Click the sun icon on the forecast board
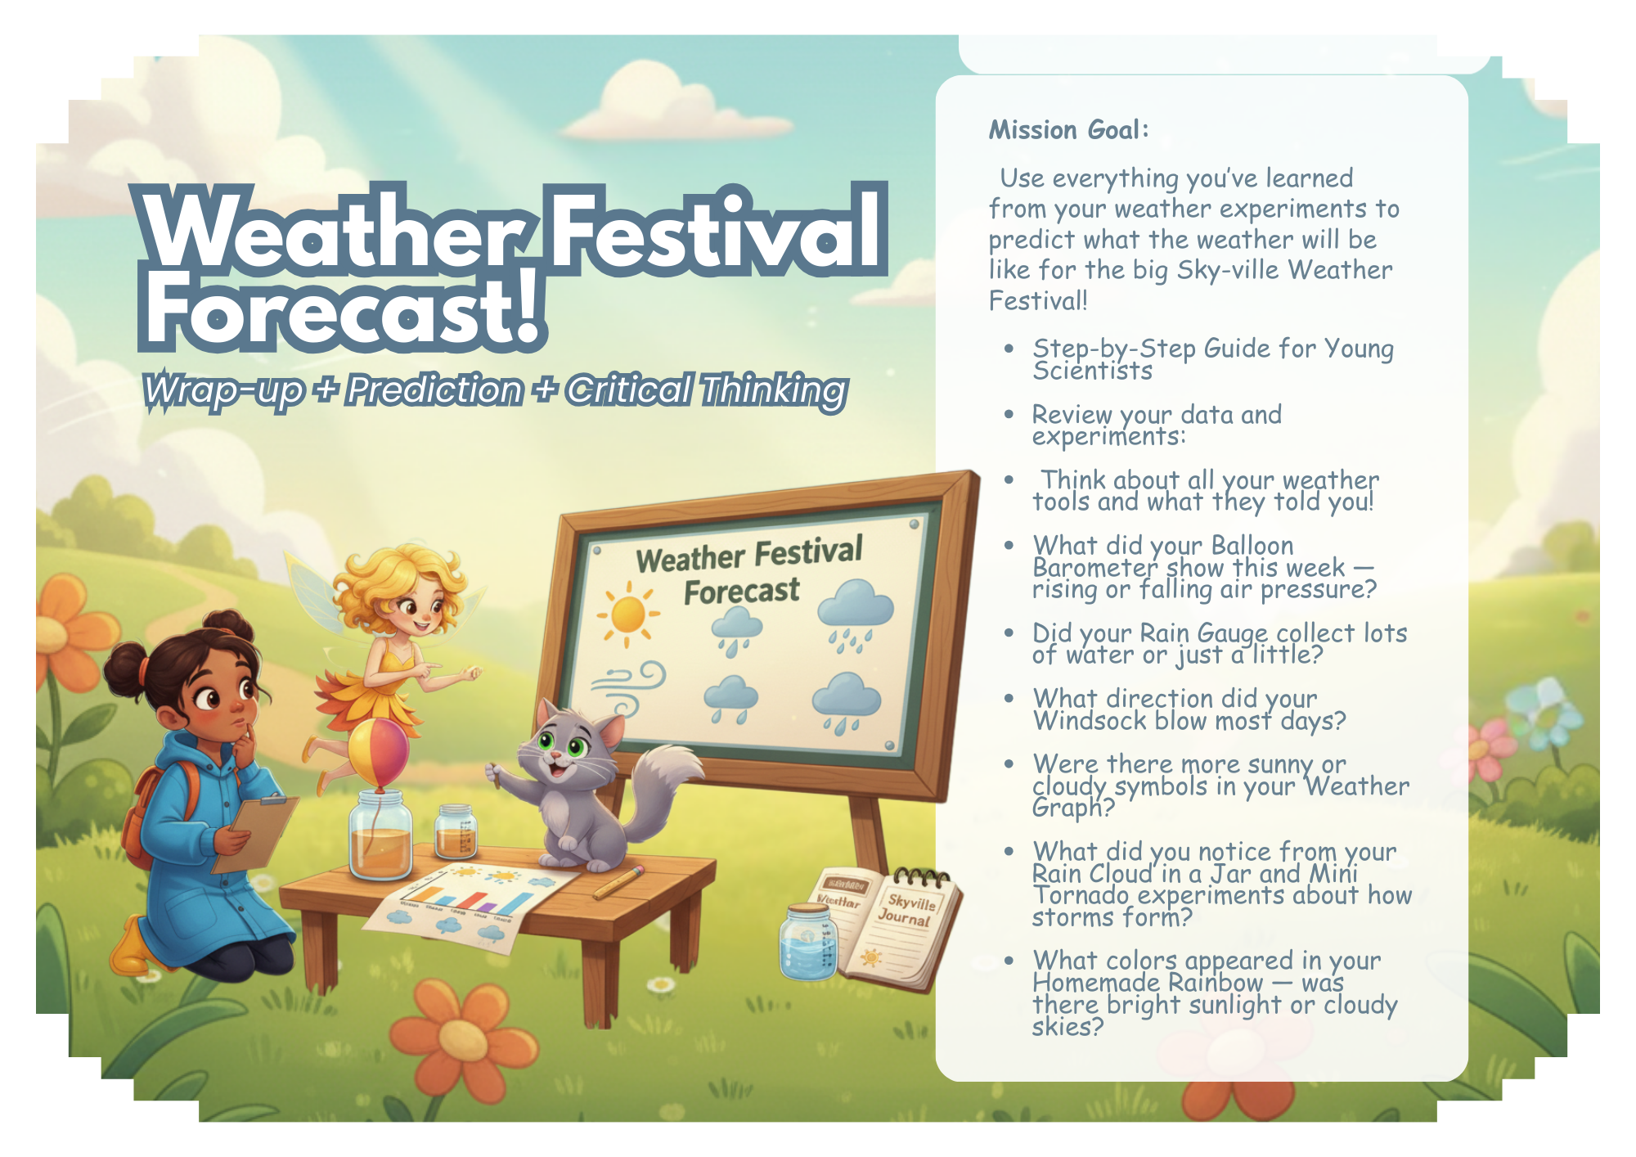(627, 614)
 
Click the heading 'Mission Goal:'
(1069, 130)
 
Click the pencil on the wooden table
(619, 883)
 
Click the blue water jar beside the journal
(808, 941)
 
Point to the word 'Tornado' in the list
(1081, 895)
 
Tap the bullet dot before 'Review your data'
(1009, 415)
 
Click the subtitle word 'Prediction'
(434, 390)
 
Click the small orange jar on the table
(456, 832)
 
